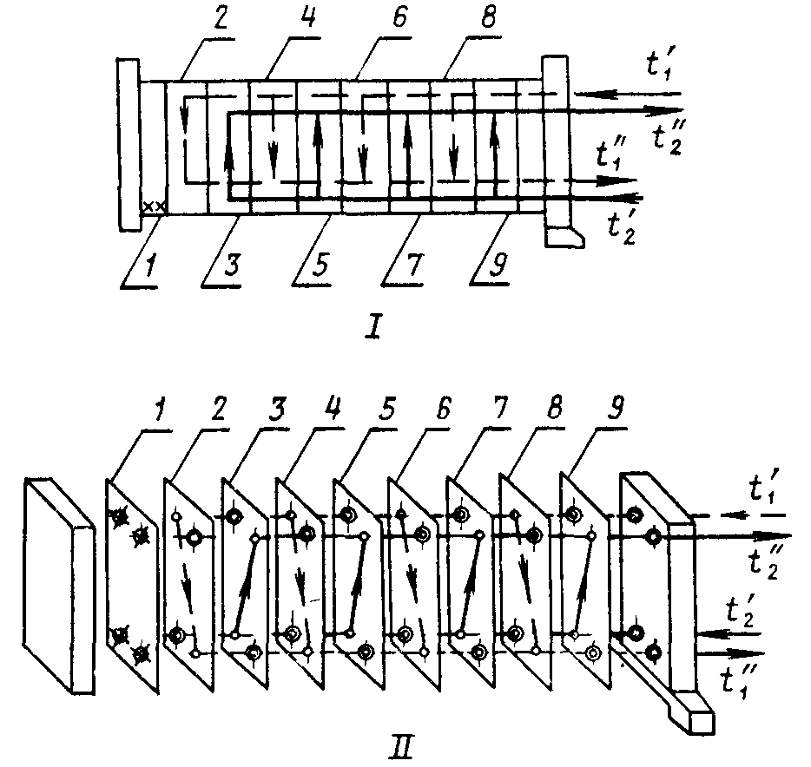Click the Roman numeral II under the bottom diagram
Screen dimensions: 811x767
click(401, 749)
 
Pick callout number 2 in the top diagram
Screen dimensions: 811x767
click(220, 18)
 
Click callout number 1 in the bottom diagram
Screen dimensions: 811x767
click(162, 412)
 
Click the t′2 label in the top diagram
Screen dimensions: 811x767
click(621, 228)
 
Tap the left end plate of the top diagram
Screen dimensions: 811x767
click(129, 145)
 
